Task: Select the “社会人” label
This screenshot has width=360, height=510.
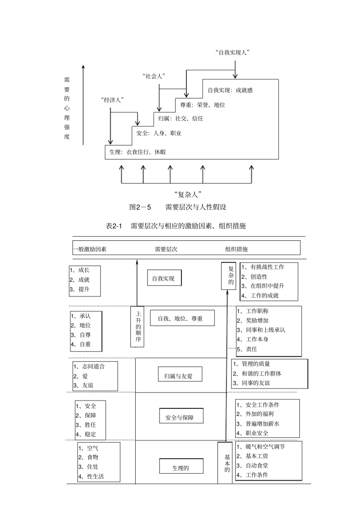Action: click(x=154, y=76)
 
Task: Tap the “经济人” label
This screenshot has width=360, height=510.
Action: click(x=113, y=100)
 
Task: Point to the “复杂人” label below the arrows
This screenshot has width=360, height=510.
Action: click(x=188, y=195)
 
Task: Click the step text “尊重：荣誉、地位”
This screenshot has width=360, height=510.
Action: click(x=202, y=105)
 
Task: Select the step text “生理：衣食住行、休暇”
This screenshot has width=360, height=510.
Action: click(x=138, y=152)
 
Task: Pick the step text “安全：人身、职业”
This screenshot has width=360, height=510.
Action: click(x=159, y=133)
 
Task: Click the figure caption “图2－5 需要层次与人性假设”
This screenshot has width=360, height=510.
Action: click(x=178, y=207)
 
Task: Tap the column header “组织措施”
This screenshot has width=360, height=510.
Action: click(x=236, y=249)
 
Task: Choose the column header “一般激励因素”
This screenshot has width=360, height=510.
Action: click(x=90, y=249)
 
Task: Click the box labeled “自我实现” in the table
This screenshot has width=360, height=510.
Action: click(x=164, y=278)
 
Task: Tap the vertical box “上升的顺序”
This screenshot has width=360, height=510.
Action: click(x=138, y=326)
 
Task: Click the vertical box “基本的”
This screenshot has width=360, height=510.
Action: click(x=227, y=463)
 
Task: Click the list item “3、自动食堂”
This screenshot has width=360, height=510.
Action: click(x=252, y=466)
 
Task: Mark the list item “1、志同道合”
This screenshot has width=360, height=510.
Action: click(x=89, y=366)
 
